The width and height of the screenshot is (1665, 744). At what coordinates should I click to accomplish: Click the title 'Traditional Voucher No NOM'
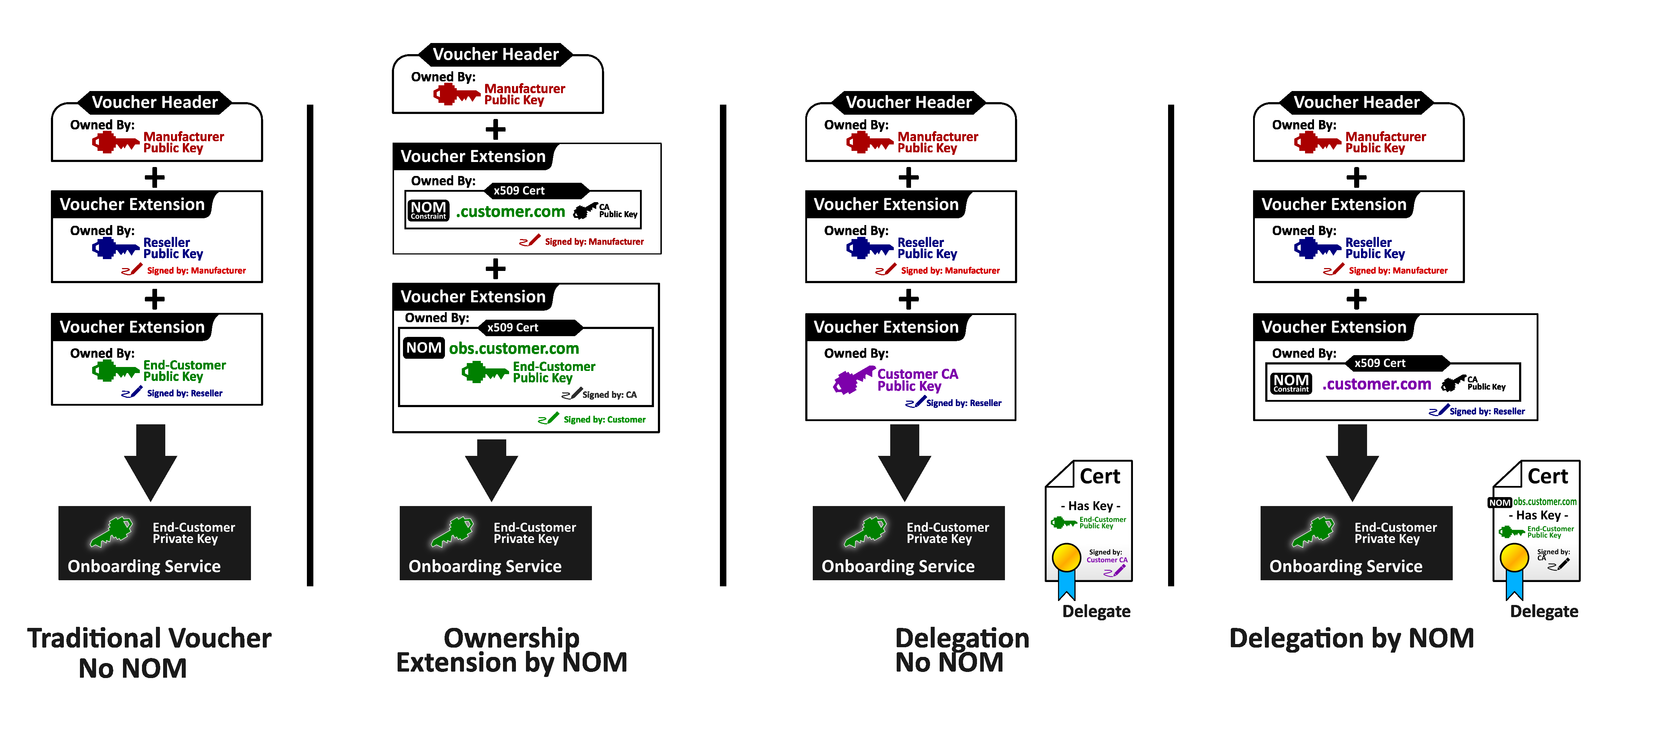point(149,652)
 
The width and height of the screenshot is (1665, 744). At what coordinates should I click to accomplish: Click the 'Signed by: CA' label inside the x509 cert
point(609,395)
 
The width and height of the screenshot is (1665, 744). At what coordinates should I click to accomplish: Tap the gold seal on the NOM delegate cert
point(1514,557)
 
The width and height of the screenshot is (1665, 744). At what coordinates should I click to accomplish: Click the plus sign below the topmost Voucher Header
point(495,129)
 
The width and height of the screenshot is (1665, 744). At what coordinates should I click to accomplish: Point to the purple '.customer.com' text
point(1377,384)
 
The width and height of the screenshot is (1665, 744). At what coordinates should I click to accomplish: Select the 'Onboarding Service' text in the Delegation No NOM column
point(898,566)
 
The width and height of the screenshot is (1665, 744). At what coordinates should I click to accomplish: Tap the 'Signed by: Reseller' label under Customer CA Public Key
point(963,403)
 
